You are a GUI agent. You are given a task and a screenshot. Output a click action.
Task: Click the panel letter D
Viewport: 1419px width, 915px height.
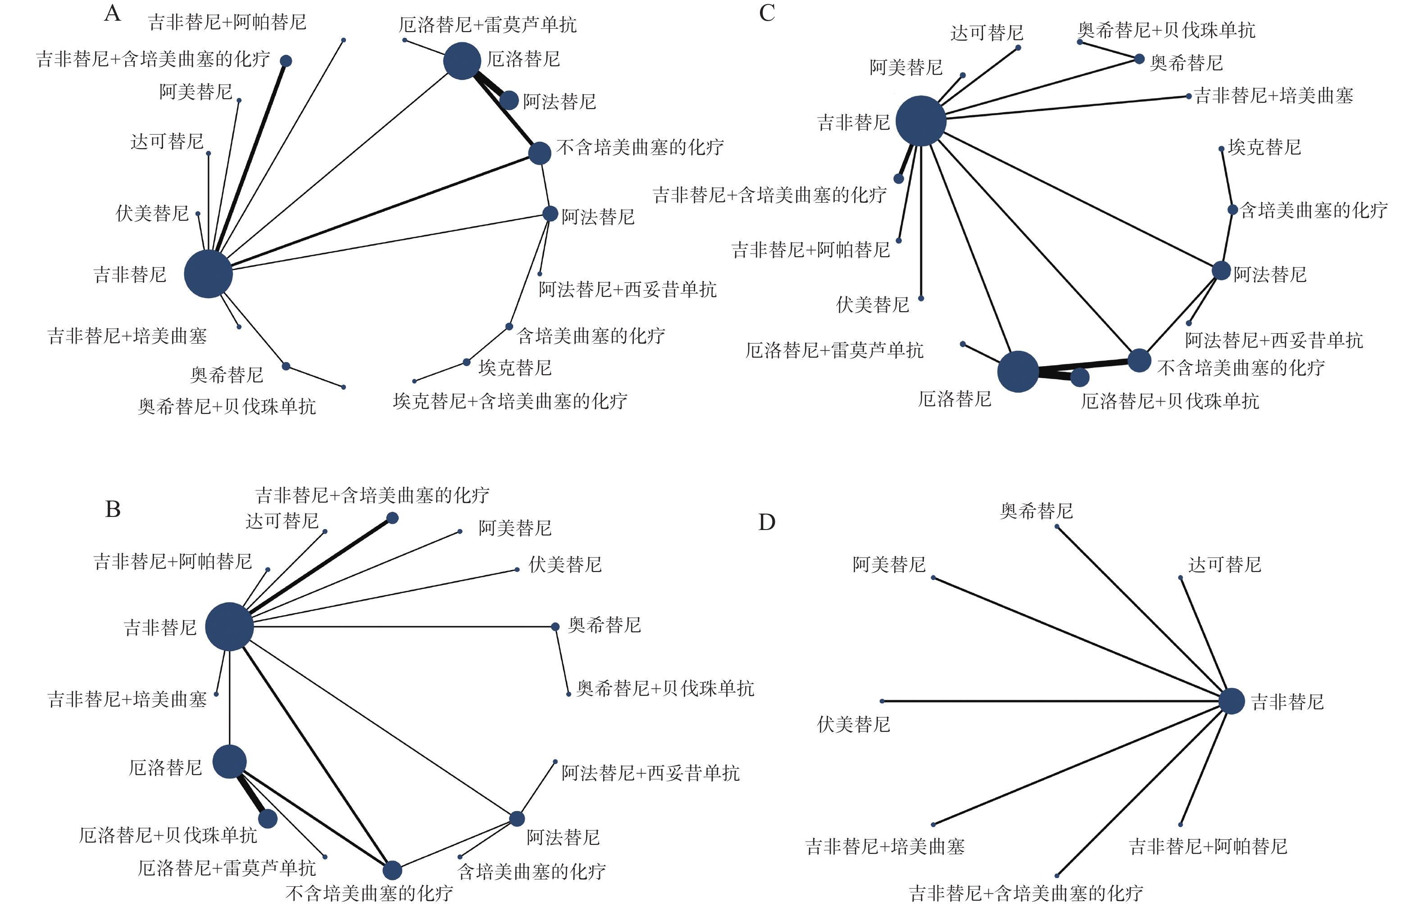tap(767, 523)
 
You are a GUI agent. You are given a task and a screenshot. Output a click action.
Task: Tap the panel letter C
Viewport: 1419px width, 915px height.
tap(767, 13)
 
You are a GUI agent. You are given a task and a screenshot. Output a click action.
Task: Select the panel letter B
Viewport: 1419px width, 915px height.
tap(113, 510)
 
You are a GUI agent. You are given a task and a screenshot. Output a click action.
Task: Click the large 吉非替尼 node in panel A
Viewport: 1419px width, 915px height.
tap(208, 274)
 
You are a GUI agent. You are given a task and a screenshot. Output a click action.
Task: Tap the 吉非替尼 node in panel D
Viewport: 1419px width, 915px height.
tap(1231, 701)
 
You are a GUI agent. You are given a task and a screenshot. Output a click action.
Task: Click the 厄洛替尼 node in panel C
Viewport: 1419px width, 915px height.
tap(1018, 371)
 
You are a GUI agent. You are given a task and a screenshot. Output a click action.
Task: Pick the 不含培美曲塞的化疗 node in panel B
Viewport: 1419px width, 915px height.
tap(392, 870)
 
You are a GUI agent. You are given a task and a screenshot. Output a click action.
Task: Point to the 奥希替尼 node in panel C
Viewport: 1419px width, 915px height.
tap(1139, 59)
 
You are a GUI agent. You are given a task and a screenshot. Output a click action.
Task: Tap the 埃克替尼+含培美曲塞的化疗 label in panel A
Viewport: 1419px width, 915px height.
tap(510, 402)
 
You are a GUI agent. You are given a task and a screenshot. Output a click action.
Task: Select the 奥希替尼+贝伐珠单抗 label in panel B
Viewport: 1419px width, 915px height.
tap(665, 689)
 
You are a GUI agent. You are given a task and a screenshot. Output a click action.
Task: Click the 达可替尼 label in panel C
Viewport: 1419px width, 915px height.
tap(987, 33)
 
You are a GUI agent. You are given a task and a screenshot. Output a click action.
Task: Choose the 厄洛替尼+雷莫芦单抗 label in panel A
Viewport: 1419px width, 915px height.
tap(487, 25)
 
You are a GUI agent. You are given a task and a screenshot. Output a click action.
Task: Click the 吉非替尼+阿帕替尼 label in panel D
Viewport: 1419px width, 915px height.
tap(1207, 846)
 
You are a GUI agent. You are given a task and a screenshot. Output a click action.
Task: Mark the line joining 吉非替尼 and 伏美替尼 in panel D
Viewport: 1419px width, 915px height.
tap(1052, 701)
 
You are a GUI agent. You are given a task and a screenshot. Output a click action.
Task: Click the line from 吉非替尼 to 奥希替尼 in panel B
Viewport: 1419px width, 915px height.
tap(404, 626)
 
